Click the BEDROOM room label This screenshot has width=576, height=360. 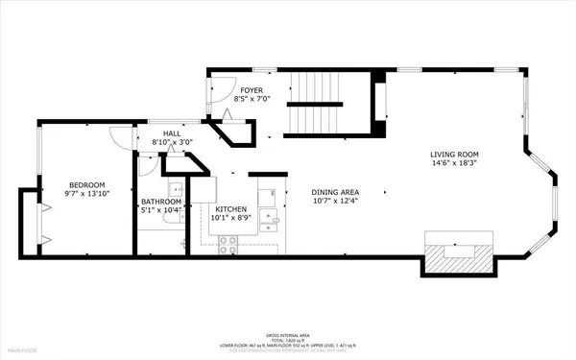tap(86, 184)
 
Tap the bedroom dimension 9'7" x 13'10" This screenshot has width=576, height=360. tap(86, 194)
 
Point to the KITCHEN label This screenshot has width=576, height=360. tap(230, 208)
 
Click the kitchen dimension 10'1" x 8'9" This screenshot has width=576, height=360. tap(230, 218)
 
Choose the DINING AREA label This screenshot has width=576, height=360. tap(334, 190)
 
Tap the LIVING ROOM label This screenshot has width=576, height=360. tap(454, 155)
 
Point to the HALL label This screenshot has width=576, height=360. tap(171, 134)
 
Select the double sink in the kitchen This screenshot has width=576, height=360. tap(275, 222)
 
